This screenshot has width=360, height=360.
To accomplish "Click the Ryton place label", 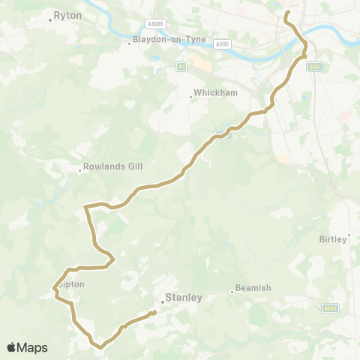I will coord(67,14).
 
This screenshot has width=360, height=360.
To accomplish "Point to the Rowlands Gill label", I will coord(112,166).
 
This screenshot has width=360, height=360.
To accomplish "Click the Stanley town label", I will coord(184,297).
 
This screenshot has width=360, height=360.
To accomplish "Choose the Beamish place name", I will coord(253,287).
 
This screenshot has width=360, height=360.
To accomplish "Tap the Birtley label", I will coord(335,238).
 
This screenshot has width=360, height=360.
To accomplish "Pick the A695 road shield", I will coord(222,45).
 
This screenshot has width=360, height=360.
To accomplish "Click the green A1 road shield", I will coord(181,67).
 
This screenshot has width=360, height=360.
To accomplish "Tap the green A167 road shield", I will coord(315,66).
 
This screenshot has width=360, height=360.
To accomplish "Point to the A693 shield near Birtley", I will coord(330,307).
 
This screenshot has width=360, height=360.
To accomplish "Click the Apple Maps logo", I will coord(27,347).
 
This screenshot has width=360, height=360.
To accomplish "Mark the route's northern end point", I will coord(286,13).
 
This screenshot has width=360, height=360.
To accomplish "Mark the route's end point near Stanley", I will coord(153,313).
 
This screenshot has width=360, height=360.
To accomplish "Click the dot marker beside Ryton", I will coord(50,19).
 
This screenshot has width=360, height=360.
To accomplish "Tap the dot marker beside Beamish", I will coord(232,292).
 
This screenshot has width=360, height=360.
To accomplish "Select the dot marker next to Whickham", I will coord(191,97).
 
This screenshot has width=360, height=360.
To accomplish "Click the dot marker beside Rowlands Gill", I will coord(80,170).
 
